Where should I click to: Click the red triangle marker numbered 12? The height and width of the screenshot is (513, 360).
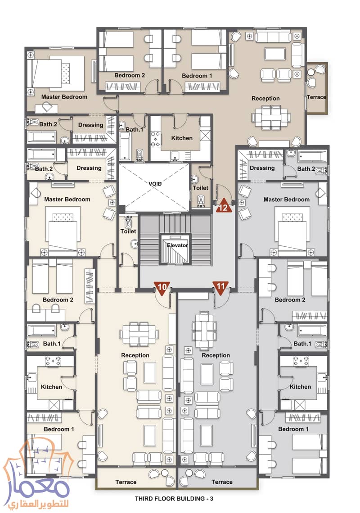pos(224,207)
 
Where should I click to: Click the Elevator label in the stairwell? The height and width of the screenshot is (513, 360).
pos(177,245)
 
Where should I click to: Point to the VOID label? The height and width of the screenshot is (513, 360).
pos(155,184)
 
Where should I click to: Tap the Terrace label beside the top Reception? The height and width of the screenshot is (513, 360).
pos(316,97)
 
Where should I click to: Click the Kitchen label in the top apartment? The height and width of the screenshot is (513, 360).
pos(182,138)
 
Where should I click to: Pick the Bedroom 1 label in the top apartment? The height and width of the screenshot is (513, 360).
pos(197,76)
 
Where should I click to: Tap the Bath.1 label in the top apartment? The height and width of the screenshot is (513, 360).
pos(134,130)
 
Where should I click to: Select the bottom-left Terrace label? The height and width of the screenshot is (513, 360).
pos(126,482)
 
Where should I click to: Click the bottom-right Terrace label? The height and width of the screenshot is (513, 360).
pos(222,482)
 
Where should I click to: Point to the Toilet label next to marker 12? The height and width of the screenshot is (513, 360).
pos(200,188)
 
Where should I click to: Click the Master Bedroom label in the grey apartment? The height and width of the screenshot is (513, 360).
pos(286,199)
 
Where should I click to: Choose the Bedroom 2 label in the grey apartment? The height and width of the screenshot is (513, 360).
pos(290,300)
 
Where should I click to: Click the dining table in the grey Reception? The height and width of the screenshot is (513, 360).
pos(204,329)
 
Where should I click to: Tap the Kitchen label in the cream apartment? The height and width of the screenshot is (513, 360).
pos(51,387)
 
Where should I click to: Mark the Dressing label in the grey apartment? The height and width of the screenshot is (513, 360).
pos(262,168)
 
